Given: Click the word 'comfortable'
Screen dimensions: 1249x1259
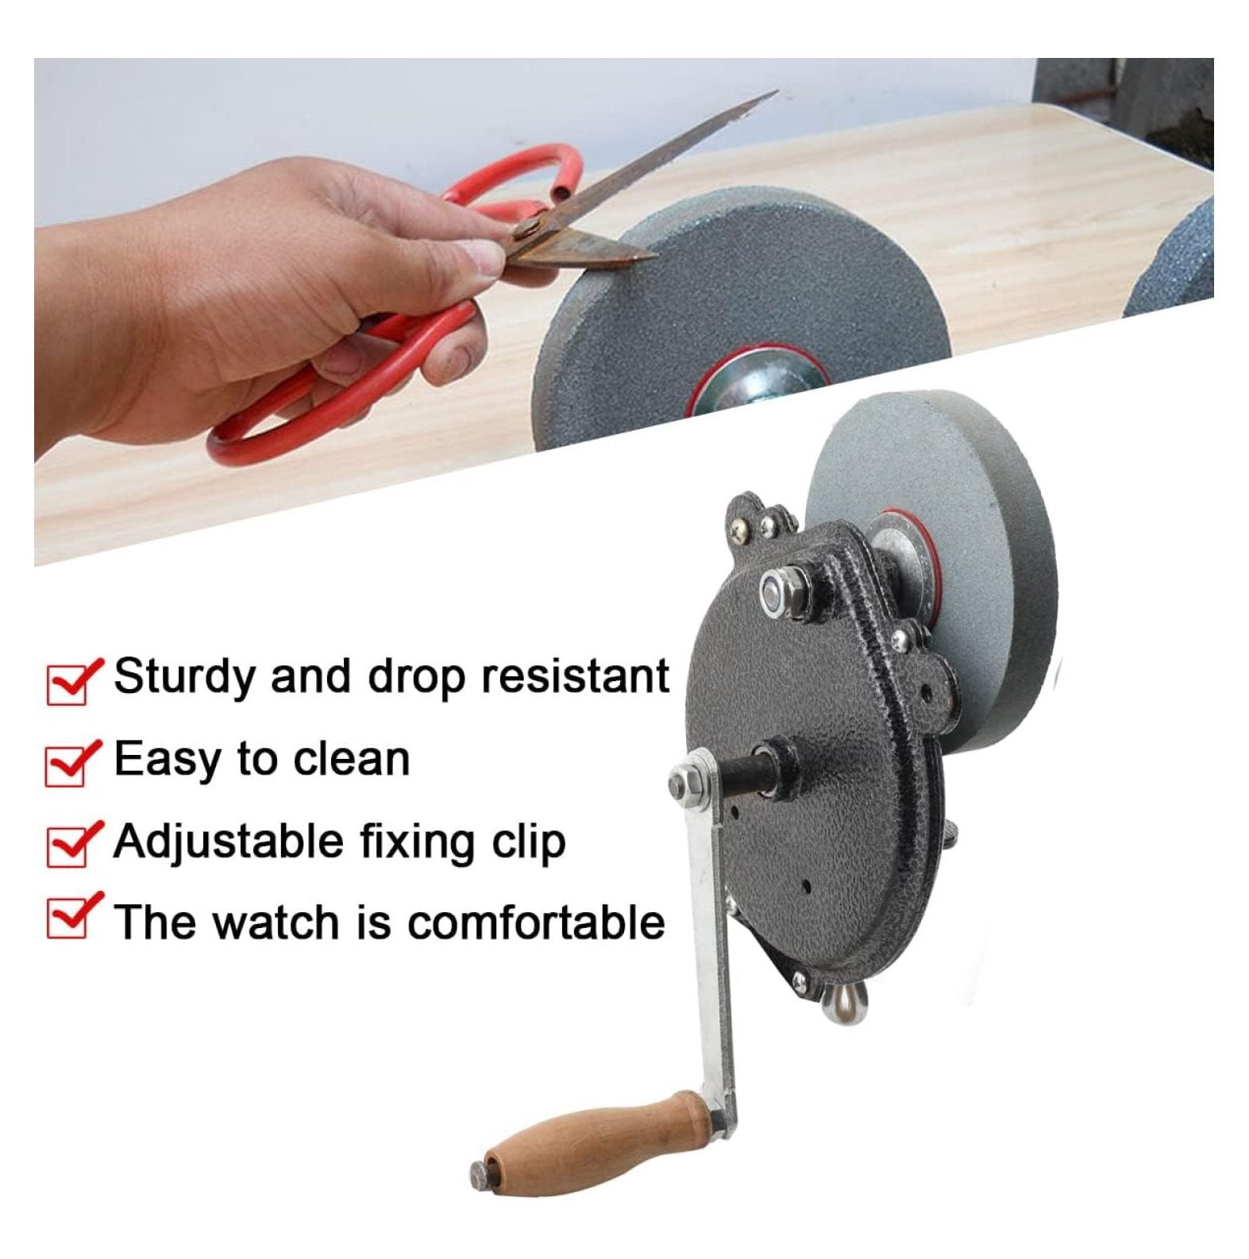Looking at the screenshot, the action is click(537, 922).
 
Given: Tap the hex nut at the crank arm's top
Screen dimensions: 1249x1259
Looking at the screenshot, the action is click(684, 781).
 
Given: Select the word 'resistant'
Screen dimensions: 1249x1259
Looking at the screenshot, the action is click(576, 676).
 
